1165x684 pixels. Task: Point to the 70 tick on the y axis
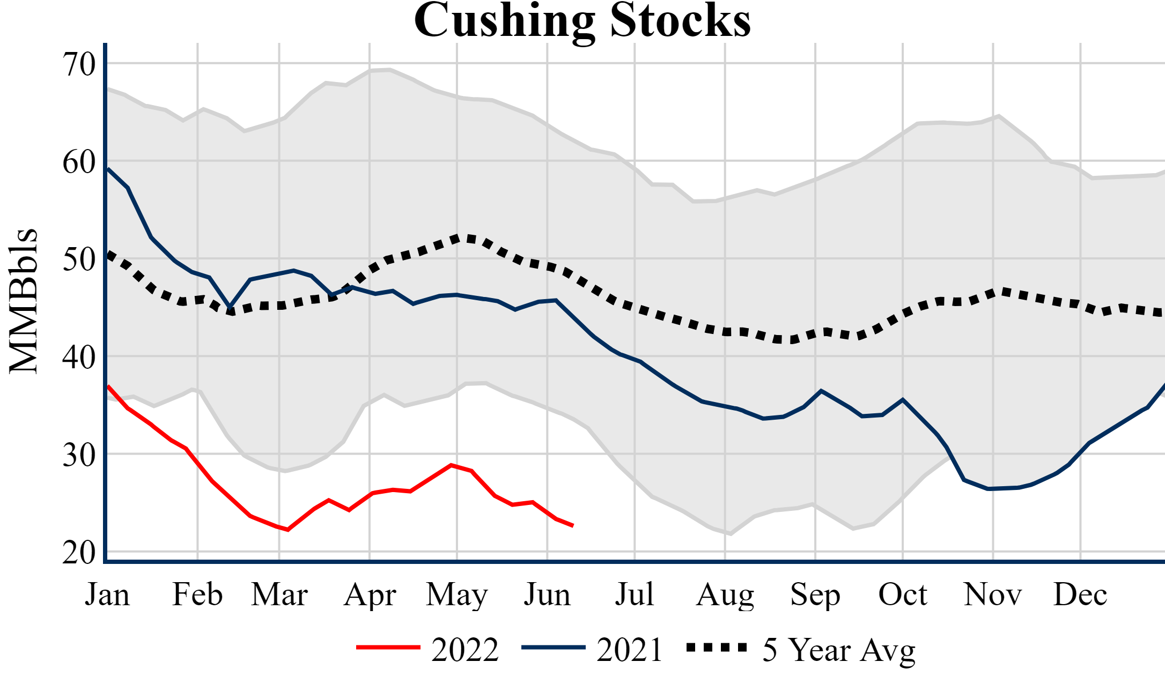tap(79, 64)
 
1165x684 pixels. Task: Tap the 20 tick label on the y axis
tap(79, 553)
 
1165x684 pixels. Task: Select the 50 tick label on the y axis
tap(79, 260)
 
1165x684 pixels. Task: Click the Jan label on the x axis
tap(107, 594)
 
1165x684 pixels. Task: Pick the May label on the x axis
tap(457, 594)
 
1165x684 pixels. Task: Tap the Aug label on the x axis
tap(725, 594)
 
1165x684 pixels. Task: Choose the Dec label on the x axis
tap(1080, 594)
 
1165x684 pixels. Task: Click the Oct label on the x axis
tap(903, 594)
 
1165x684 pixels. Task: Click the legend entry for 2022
tap(464, 650)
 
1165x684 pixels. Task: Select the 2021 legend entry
tap(630, 650)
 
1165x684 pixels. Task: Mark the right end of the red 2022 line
tap(573, 526)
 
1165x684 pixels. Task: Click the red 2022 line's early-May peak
tap(452, 465)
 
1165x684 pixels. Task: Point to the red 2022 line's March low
tap(288, 530)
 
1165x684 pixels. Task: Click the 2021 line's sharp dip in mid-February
tap(230, 307)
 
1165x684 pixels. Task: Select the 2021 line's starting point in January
tap(108, 169)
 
